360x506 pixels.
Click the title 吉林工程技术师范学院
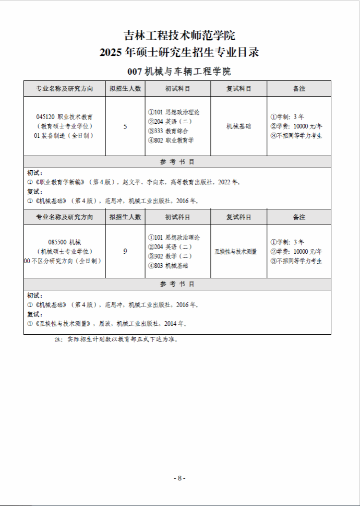(x=179, y=36)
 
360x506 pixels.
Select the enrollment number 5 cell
(x=125, y=126)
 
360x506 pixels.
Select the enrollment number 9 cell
(x=125, y=252)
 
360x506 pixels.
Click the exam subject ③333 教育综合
(x=168, y=131)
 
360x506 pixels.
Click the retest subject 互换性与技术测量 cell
(x=236, y=252)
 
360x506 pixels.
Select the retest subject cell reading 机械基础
(x=238, y=126)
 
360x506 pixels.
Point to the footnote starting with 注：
(x=116, y=339)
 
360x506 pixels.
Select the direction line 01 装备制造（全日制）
(x=64, y=136)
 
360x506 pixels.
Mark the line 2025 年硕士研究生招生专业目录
(x=179, y=53)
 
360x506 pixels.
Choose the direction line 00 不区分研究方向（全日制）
(x=63, y=261)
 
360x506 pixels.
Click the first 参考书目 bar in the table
(x=177, y=162)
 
